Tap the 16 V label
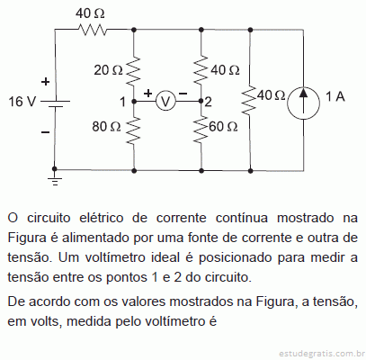tap(22, 102)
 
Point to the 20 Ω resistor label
tap(108, 70)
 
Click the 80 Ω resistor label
tap(106, 127)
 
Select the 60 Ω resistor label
tap(223, 127)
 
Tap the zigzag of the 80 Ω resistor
tap(134, 130)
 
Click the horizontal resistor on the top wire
tap(93, 30)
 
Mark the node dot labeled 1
tap(134, 102)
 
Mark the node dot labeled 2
tap(201, 101)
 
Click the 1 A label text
tap(335, 96)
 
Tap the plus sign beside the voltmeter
tap(147, 94)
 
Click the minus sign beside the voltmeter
tap(183, 94)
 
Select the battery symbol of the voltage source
tap(55, 103)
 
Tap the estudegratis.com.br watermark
tap(322, 354)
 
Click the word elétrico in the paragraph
tap(102, 218)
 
